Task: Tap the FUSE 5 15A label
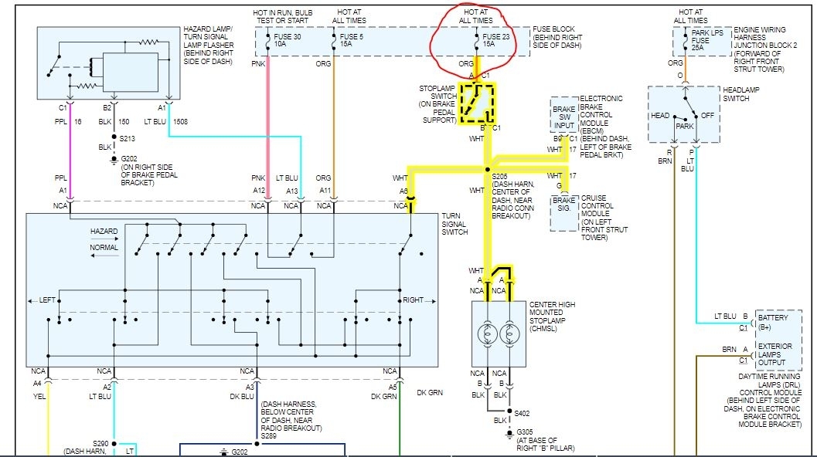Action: (x=351, y=41)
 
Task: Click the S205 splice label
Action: (x=500, y=177)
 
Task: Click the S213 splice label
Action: (x=128, y=140)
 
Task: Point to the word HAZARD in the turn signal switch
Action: (x=104, y=231)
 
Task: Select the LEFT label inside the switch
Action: (x=48, y=300)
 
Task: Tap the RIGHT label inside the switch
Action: (x=414, y=300)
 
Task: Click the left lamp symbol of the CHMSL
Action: (x=487, y=333)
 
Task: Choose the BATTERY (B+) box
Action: (x=774, y=322)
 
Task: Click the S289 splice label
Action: (x=268, y=435)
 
